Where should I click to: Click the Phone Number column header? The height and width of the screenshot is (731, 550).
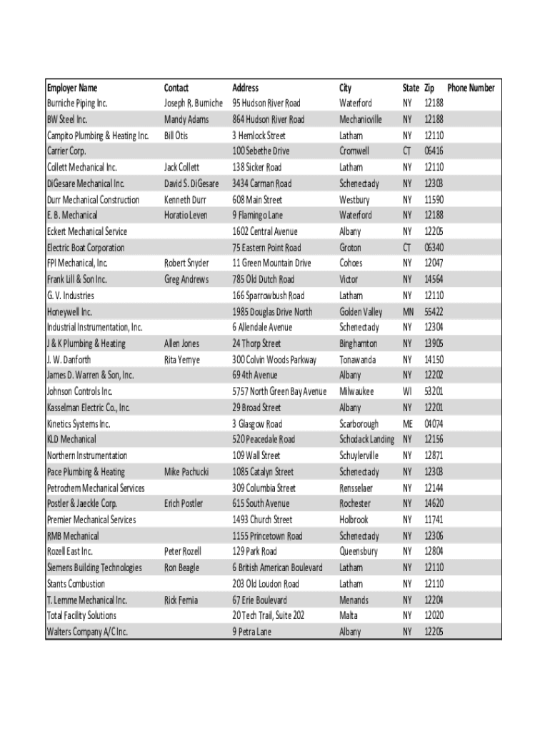[x=471, y=88]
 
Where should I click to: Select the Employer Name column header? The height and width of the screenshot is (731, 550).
[x=72, y=88]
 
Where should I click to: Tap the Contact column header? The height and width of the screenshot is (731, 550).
[x=176, y=88]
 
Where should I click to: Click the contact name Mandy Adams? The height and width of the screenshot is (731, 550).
[x=186, y=119]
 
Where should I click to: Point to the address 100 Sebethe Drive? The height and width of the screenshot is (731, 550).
[x=261, y=151]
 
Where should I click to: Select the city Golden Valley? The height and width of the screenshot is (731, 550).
[x=361, y=312]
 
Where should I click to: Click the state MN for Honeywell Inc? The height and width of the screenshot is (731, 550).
[x=408, y=312]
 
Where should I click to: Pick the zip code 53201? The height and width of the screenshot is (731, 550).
[x=434, y=391]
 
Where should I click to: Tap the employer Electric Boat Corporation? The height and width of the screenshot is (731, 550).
[x=86, y=248]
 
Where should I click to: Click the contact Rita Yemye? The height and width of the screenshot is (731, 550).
[x=182, y=360]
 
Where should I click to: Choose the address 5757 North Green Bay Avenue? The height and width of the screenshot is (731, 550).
[x=279, y=391]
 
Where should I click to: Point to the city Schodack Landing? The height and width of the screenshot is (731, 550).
[x=366, y=439]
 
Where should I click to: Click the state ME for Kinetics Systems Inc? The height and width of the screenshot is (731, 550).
[x=408, y=423]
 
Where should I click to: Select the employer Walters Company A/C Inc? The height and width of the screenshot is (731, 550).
[x=87, y=632]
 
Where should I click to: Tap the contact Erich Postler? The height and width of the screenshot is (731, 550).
[x=184, y=503]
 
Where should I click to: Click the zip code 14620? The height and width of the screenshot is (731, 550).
[x=434, y=503]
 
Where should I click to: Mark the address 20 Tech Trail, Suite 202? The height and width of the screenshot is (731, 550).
[x=269, y=615]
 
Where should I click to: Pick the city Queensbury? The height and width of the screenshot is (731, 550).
[x=359, y=551]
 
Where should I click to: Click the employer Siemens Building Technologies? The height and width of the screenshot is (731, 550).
[x=94, y=568]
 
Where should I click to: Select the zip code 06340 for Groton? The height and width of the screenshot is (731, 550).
[x=434, y=248]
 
